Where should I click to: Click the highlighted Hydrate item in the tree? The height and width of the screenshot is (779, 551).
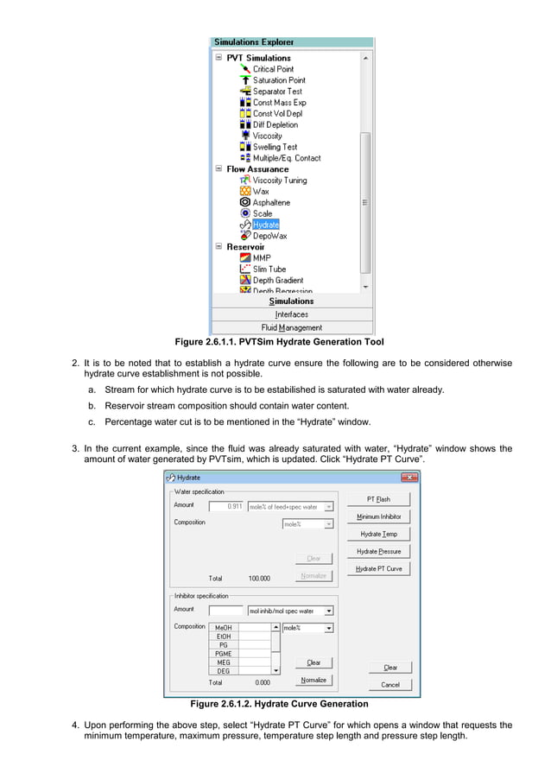point(266,225)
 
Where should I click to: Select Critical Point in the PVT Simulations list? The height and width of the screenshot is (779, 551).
point(273,69)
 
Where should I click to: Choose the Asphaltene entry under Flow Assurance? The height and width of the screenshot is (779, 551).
point(271,202)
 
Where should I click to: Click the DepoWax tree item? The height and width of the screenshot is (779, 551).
point(269,236)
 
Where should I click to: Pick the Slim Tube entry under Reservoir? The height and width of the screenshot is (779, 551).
point(269,269)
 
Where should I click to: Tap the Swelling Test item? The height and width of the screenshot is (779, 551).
point(275,147)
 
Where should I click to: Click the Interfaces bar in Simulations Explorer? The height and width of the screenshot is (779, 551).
point(292,314)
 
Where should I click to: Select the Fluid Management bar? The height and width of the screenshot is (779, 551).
point(292,327)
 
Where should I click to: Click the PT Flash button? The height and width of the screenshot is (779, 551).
point(378,499)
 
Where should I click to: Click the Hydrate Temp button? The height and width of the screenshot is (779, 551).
point(378,534)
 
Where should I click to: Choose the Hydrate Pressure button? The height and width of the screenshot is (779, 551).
point(378,551)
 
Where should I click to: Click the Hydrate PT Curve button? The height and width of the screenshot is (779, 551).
point(378,568)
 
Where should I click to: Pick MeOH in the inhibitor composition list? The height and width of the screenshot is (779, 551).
point(223,628)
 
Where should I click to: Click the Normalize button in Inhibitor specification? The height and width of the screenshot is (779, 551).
point(313,680)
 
